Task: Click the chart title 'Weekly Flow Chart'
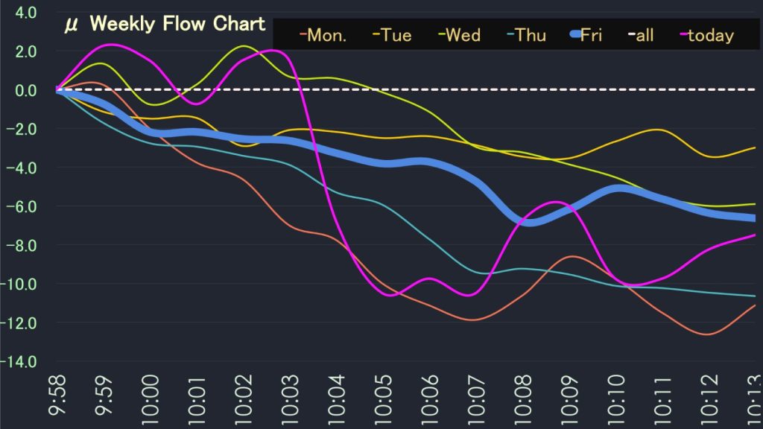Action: [177, 24]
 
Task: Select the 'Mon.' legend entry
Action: [323, 35]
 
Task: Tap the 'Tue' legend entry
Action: [393, 35]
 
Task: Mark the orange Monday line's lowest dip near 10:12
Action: [706, 334]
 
